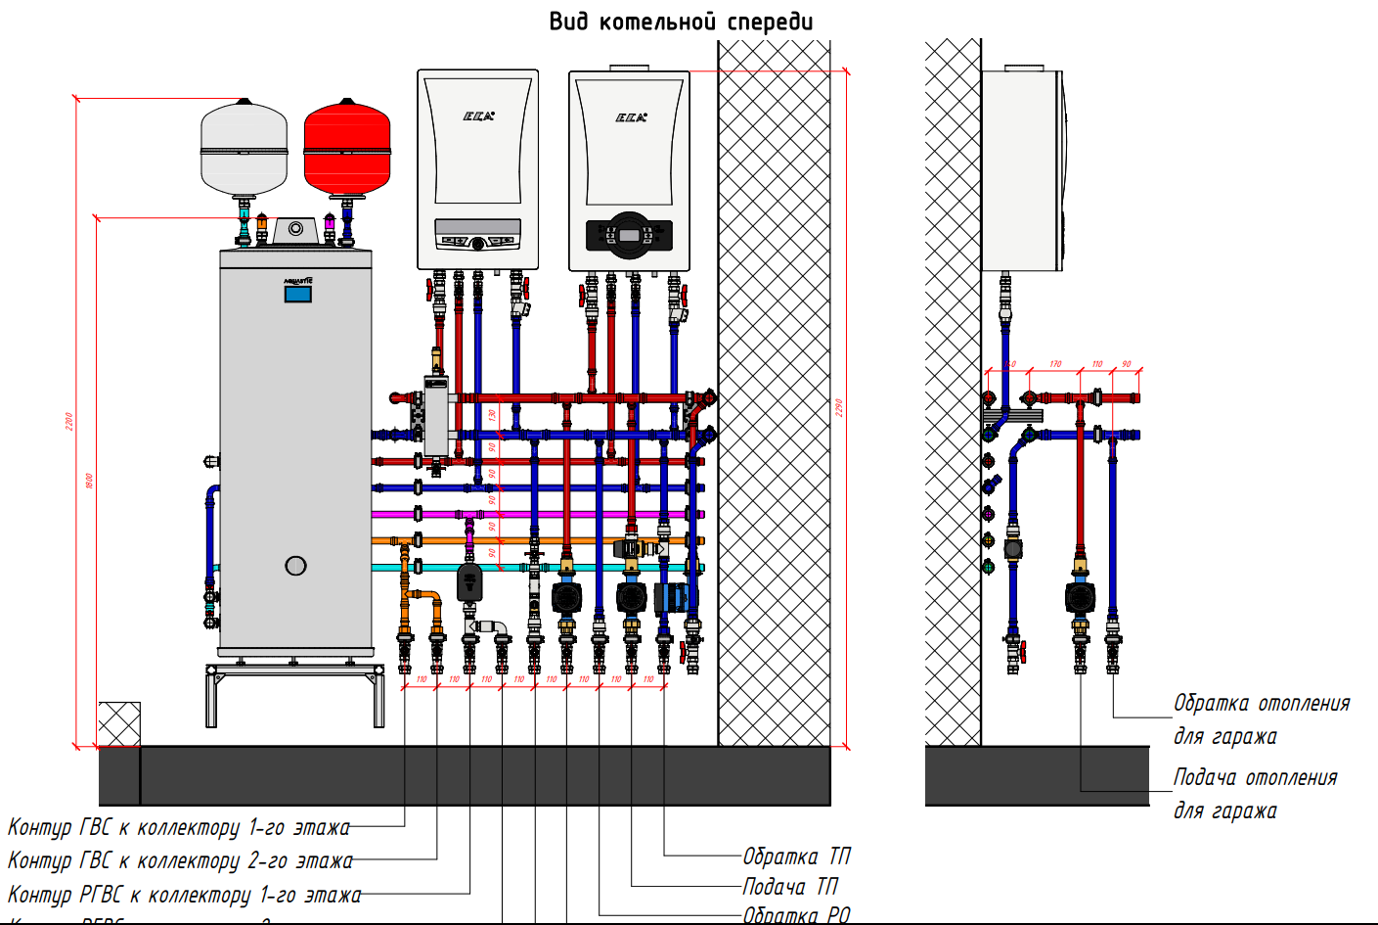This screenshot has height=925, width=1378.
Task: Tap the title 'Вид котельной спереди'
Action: tap(681, 22)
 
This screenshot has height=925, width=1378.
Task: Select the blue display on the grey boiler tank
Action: tap(298, 293)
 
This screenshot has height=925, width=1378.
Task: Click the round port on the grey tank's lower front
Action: tap(295, 565)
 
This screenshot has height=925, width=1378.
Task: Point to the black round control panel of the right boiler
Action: tap(629, 235)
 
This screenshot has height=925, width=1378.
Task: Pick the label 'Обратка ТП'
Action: tap(796, 856)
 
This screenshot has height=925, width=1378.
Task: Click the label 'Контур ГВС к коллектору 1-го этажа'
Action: tap(178, 827)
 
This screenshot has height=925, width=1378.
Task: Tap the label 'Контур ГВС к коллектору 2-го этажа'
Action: tap(180, 860)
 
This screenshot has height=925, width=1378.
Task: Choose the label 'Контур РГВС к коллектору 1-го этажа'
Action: tap(184, 895)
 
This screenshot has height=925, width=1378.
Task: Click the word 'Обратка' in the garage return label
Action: tap(1211, 703)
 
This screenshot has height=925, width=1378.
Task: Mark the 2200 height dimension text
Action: tap(68, 421)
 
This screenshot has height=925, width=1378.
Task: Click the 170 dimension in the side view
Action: tap(1055, 364)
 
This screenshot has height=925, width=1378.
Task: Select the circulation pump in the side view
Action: tap(1080, 597)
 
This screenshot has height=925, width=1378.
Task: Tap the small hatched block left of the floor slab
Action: tap(118, 723)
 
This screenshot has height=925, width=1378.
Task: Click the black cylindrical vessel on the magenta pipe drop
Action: tap(469, 583)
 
